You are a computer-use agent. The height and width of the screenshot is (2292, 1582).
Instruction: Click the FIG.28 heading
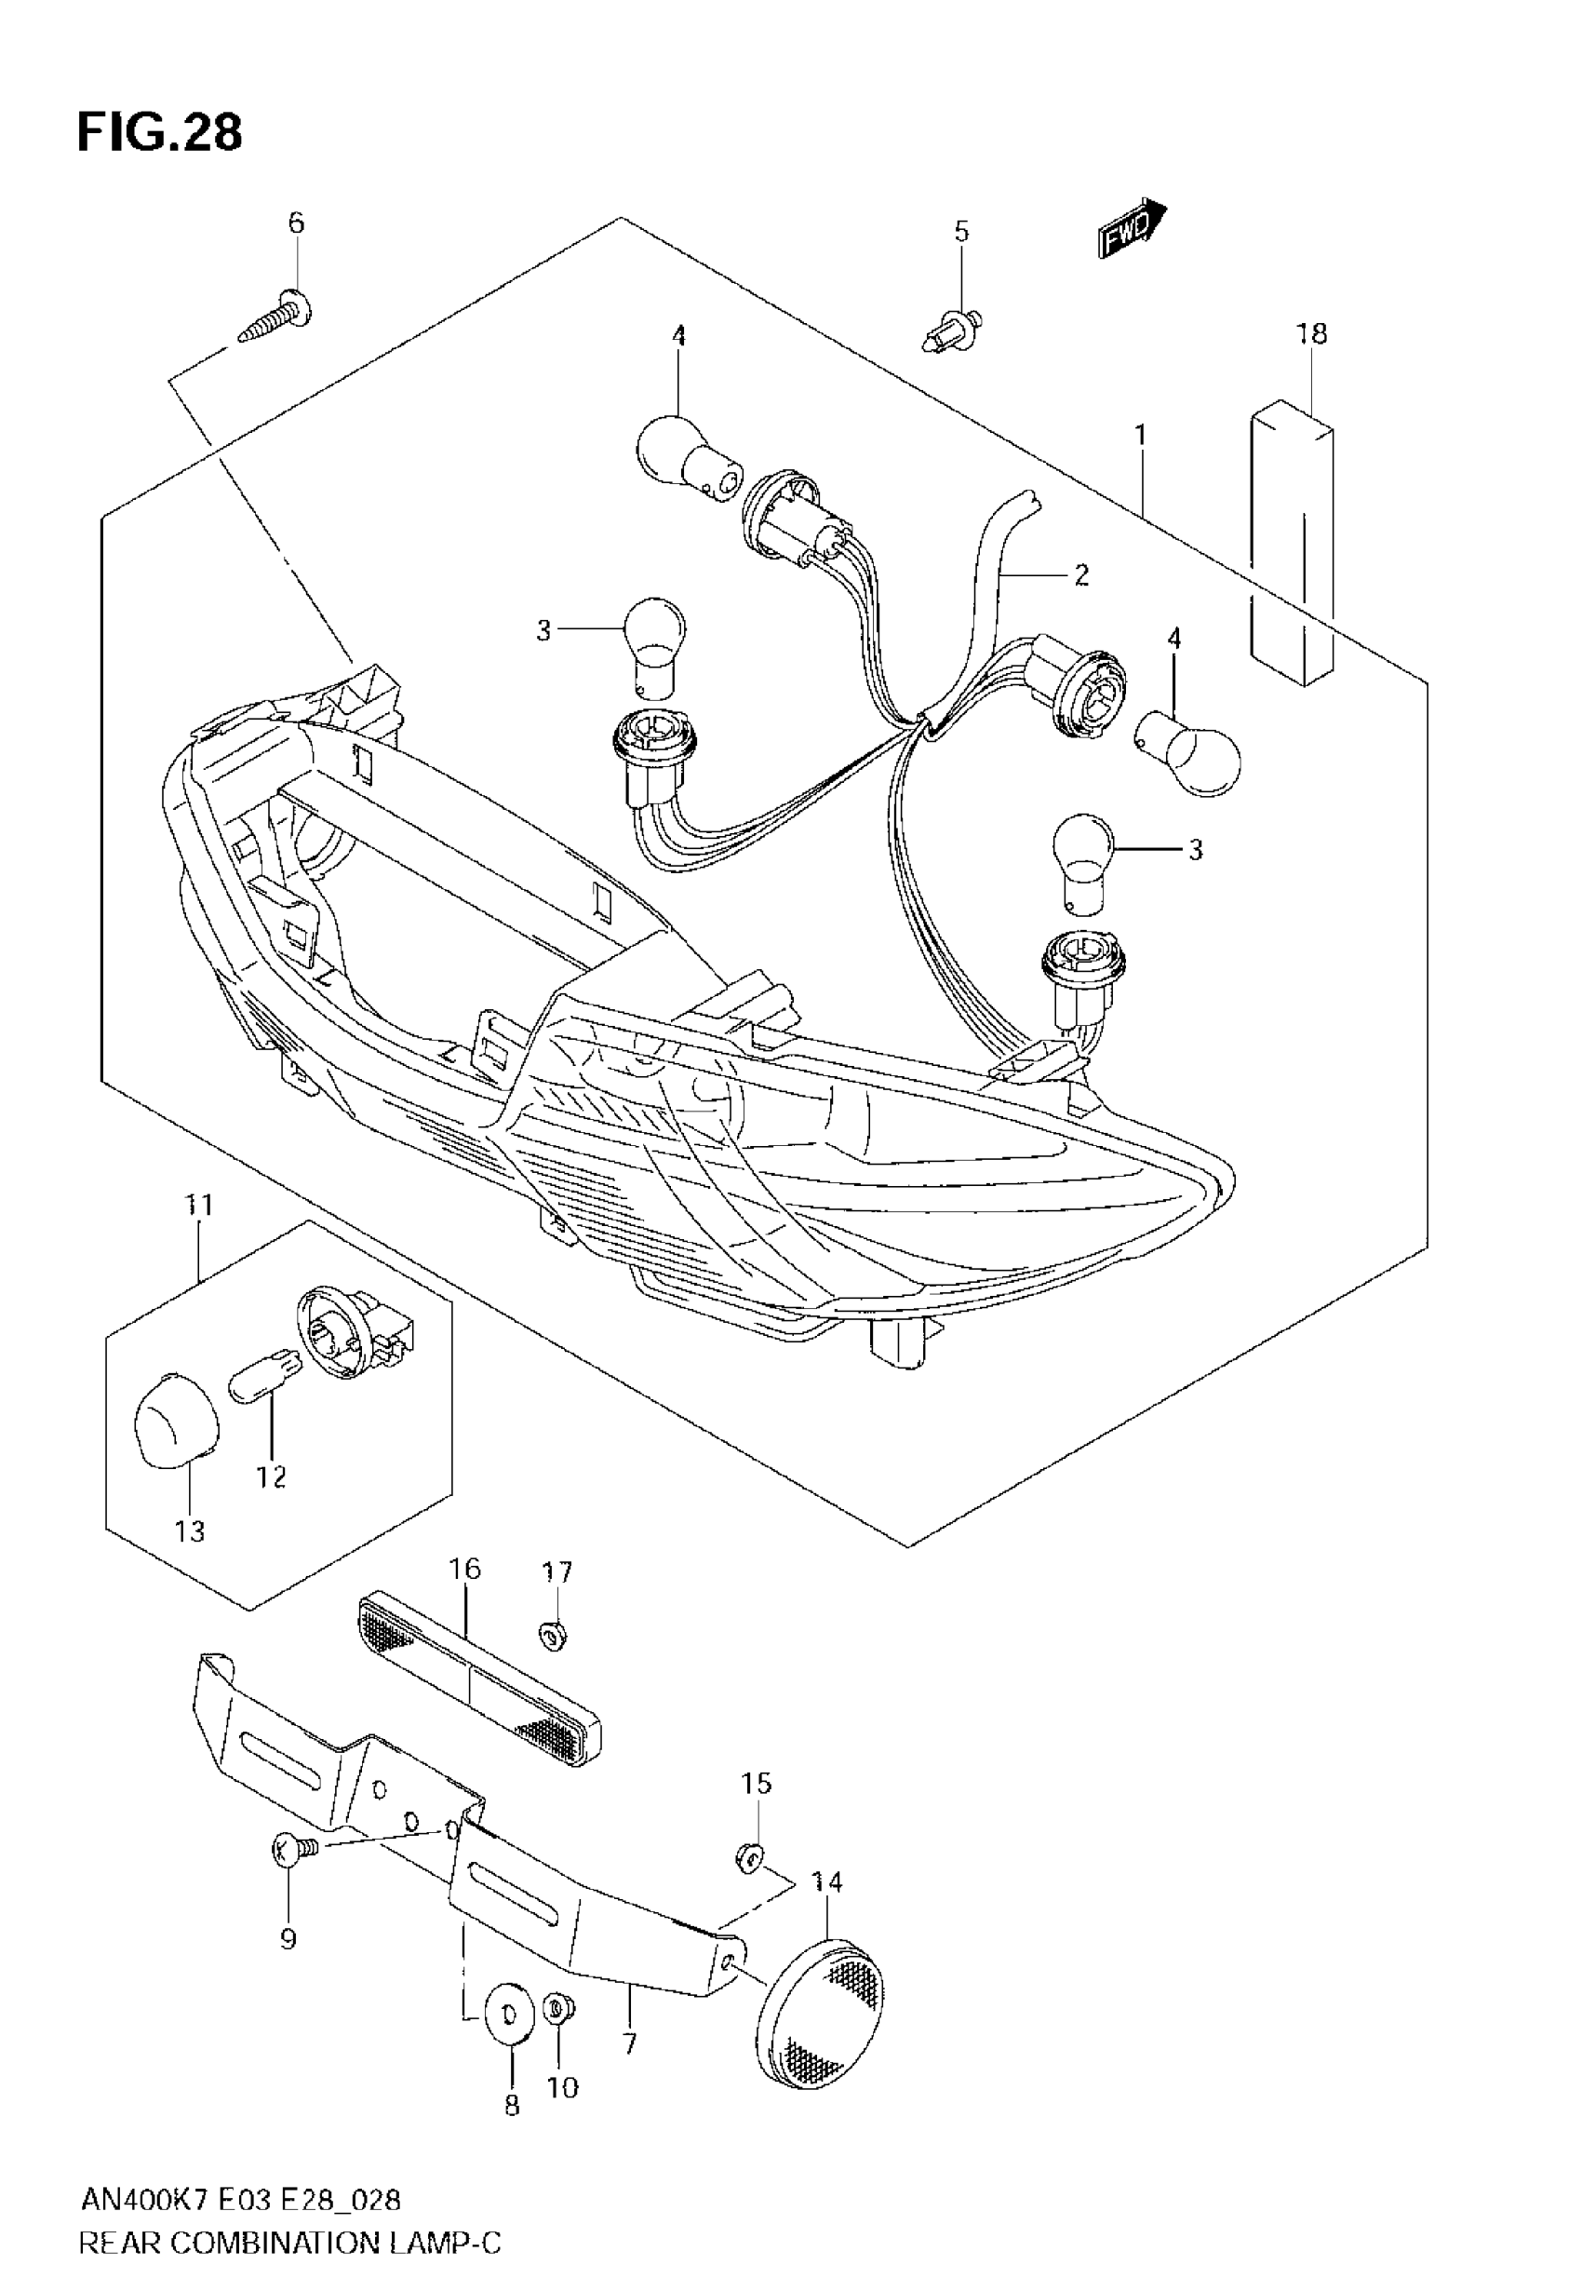coord(158,133)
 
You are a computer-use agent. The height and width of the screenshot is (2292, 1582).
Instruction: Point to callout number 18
coord(1310,334)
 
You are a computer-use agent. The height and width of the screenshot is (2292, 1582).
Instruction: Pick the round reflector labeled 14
coord(819,2003)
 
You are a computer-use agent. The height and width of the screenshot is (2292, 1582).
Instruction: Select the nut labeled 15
coord(751,1854)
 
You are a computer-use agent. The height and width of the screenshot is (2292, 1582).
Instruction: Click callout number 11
coord(199,1206)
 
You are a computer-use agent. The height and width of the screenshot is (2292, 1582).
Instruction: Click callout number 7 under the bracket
coord(629,2043)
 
